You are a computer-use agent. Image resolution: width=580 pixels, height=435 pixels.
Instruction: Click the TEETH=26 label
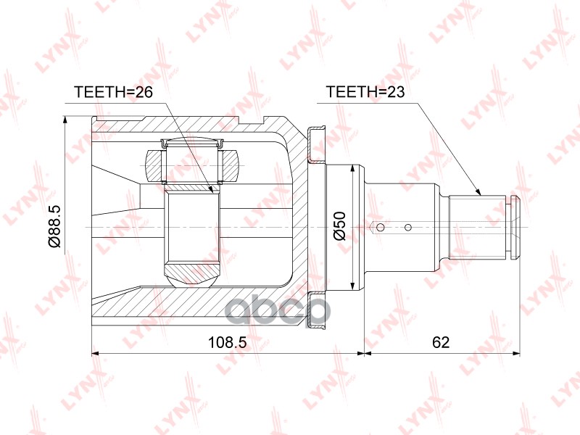(x=114, y=92)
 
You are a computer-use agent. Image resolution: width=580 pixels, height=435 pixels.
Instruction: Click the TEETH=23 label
(x=365, y=92)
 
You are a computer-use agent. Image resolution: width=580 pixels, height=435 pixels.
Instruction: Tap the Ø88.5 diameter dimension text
(x=54, y=227)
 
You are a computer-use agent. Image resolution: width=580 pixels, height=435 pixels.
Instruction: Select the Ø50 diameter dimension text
(x=339, y=226)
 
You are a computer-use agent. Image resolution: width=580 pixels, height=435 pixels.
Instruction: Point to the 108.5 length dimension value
(x=227, y=342)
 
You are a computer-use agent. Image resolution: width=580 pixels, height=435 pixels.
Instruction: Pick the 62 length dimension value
(x=441, y=342)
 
